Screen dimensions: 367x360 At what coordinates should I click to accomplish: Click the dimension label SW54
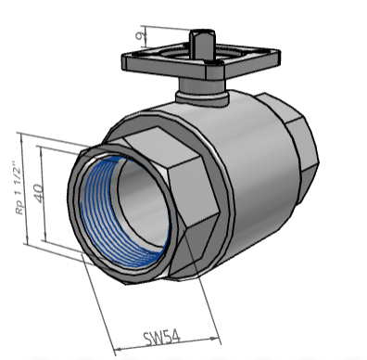point(161,338)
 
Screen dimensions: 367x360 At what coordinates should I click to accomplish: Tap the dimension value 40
point(39,193)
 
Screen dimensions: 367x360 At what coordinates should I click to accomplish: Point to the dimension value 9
point(141,36)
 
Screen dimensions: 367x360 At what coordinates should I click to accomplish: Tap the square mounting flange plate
point(201,63)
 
